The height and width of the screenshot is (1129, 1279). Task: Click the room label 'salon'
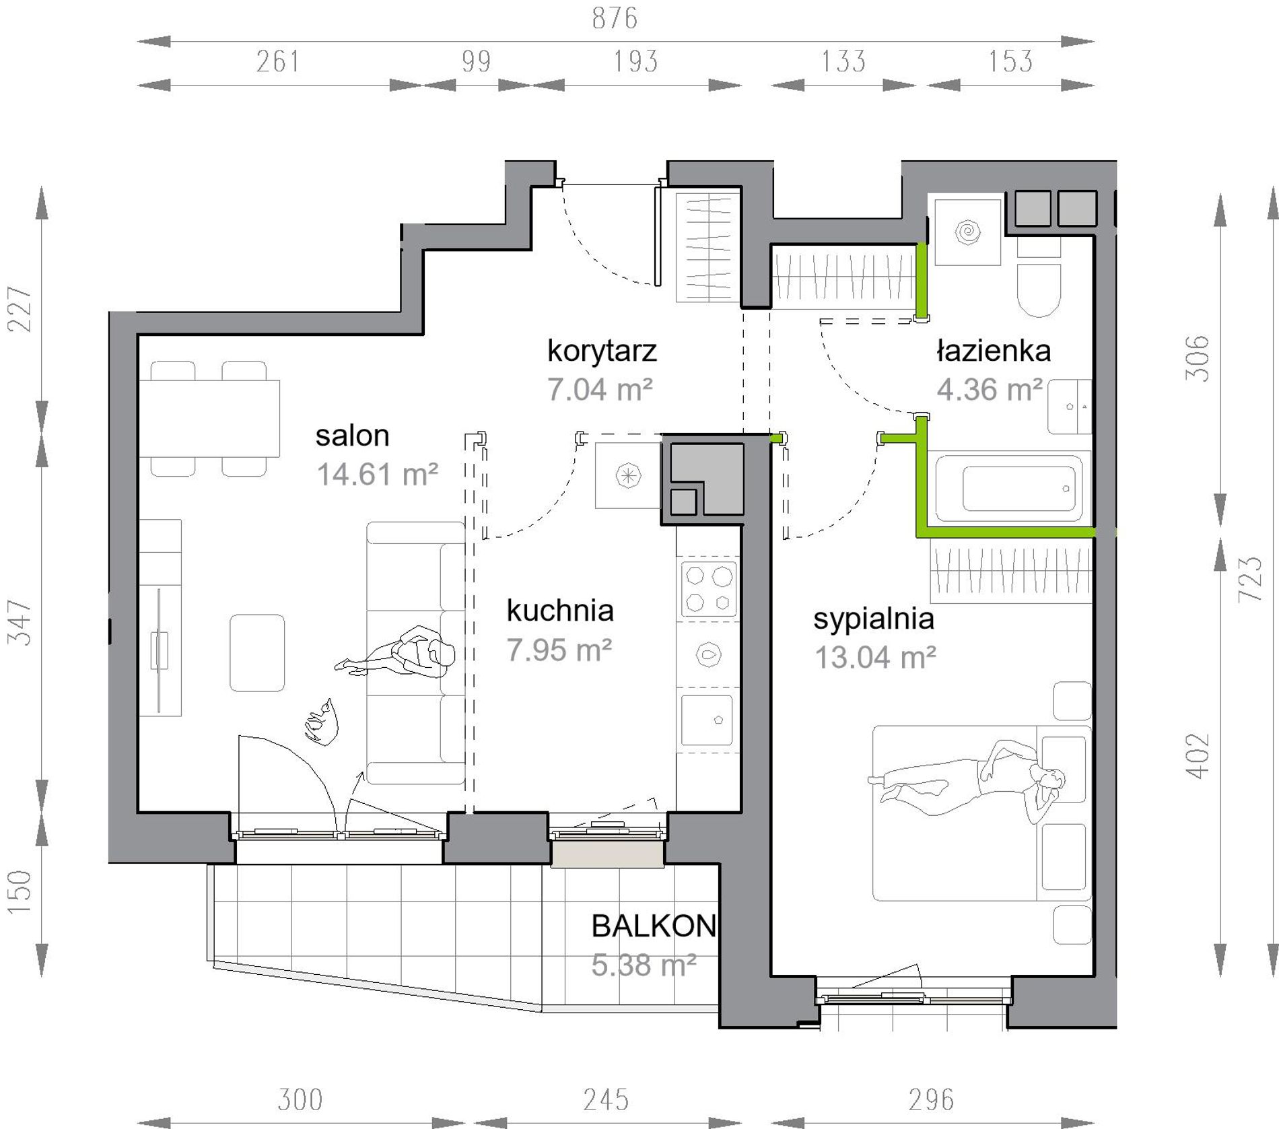click(352, 436)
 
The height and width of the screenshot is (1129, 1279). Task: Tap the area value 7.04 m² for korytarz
click(600, 390)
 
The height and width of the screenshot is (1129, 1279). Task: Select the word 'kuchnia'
click(560, 611)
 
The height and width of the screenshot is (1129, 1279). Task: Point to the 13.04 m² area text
click(875, 657)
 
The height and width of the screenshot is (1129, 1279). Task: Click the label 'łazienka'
click(994, 351)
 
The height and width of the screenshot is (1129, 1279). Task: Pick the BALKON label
click(654, 926)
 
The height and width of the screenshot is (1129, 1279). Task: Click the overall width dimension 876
click(615, 18)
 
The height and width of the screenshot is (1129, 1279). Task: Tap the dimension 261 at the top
click(278, 62)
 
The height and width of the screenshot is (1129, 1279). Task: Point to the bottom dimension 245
click(607, 1100)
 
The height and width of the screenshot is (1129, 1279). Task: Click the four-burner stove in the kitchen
click(708, 587)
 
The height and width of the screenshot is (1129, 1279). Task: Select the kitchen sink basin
click(707, 720)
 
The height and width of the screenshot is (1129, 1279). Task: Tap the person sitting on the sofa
click(397, 652)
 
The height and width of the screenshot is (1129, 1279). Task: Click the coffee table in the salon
click(257, 652)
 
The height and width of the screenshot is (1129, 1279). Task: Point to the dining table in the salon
click(209, 418)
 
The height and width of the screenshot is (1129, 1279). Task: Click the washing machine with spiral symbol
click(967, 232)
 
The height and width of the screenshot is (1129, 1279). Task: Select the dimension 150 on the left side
click(20, 891)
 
